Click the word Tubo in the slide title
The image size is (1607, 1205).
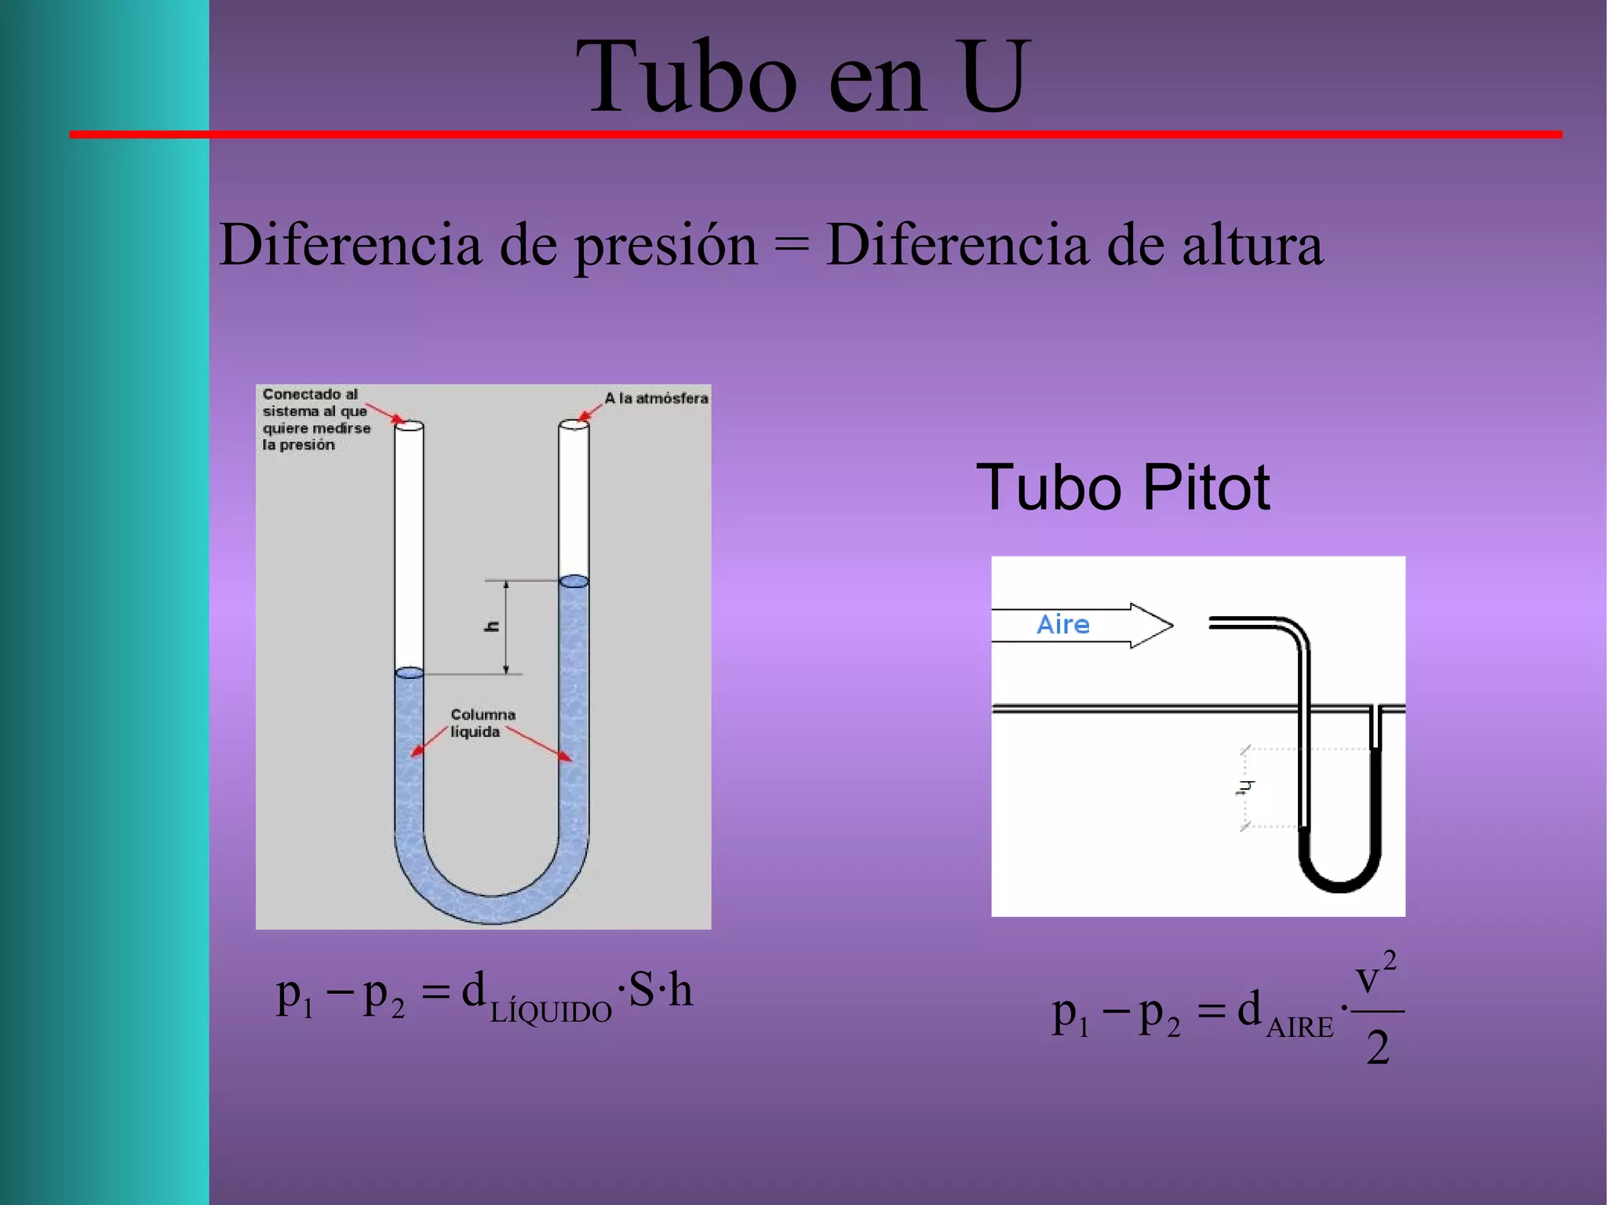coord(686,77)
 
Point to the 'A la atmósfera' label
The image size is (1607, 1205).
coord(656,399)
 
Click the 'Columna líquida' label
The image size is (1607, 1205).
coord(482,723)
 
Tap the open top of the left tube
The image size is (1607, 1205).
coord(409,425)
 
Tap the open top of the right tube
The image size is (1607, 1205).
coord(574,424)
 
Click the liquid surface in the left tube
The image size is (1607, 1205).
coord(409,673)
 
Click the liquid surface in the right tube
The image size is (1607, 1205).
coord(574,582)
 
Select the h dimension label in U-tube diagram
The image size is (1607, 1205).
coord(492,626)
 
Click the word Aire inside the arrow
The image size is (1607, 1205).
coord(1063,625)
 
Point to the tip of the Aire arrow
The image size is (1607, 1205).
coord(1171,626)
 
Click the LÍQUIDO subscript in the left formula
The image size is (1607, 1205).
coord(550,1013)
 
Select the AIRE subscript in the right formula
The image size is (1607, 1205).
coord(1299,1028)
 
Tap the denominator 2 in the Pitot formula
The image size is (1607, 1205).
coord(1378,1048)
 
